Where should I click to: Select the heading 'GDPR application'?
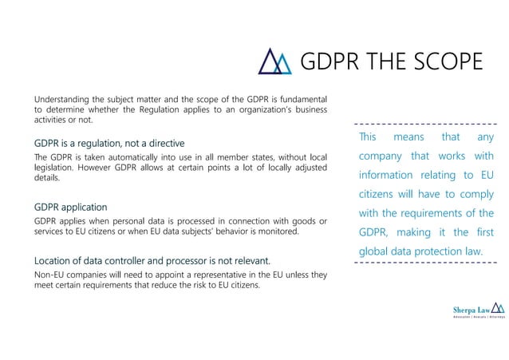[70, 207]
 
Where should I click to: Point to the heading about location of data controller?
[152, 261]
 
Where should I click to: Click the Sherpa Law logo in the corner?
[478, 310]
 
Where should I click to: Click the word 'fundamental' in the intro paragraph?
[298, 99]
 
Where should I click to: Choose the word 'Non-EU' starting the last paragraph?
[50, 275]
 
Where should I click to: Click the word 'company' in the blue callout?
[384, 156]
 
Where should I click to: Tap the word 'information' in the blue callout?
[391, 176]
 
